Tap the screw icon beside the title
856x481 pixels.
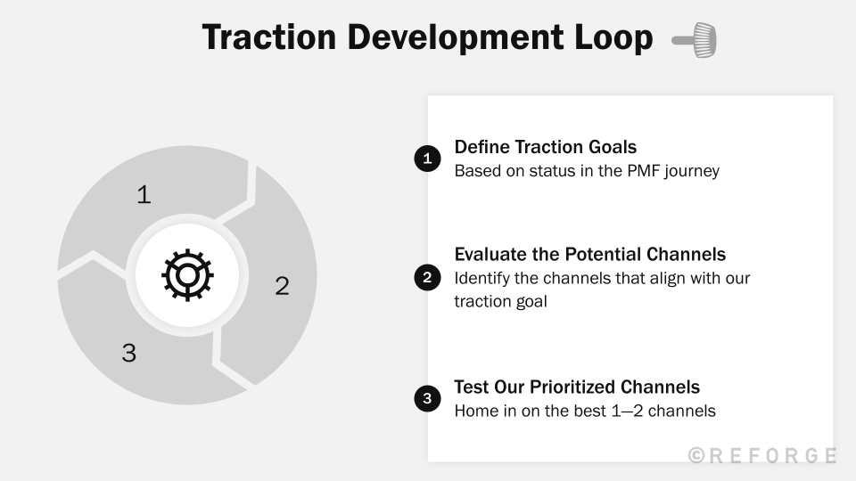(x=695, y=40)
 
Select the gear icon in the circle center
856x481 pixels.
(x=187, y=275)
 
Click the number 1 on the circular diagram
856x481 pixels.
(x=143, y=194)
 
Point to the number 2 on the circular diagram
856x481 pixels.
(x=282, y=286)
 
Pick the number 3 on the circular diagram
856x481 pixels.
(x=129, y=353)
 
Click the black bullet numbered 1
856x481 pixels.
(x=427, y=159)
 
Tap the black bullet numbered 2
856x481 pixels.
(x=427, y=278)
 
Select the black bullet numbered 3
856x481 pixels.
(x=427, y=398)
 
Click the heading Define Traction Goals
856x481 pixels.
(x=545, y=147)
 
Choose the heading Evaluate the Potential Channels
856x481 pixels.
(x=589, y=254)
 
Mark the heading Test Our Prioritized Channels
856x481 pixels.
(x=576, y=387)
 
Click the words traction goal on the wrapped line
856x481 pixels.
(x=500, y=301)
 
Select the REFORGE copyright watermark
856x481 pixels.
(x=762, y=455)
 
